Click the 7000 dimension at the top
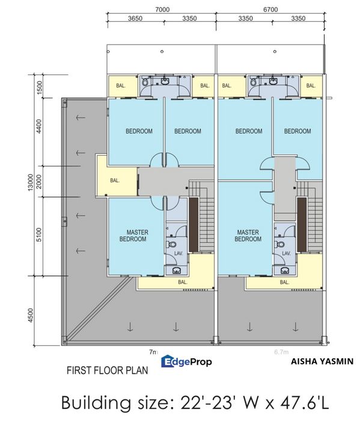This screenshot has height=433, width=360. point(162,9)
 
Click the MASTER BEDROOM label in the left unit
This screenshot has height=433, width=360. point(138,235)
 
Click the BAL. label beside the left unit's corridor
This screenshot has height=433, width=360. point(115,179)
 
